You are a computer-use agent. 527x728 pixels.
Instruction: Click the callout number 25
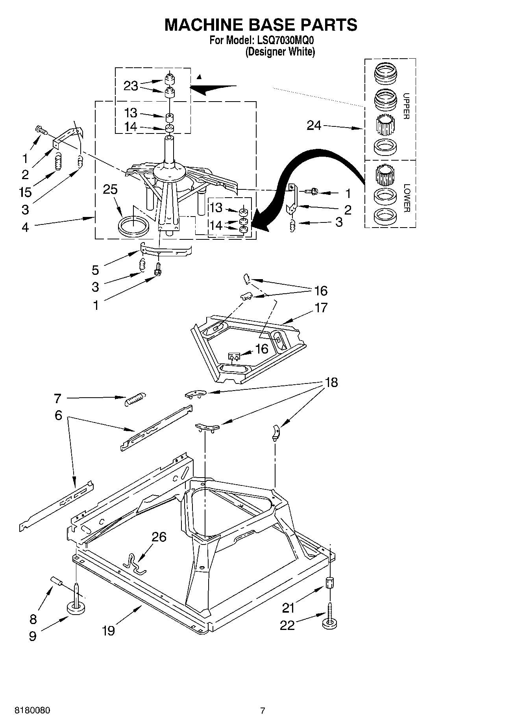pos(110,189)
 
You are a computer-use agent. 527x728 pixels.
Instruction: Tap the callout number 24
pos(314,126)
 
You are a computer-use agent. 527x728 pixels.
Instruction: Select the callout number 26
pos(159,537)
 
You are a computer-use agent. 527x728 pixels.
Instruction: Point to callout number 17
pos(321,308)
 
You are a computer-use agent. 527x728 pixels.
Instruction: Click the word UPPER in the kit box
pos(406,106)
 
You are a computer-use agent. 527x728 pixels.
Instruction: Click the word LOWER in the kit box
pos(407,198)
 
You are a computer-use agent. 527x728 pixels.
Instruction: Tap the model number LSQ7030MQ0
pos(285,41)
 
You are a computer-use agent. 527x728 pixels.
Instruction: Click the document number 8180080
pos(32,711)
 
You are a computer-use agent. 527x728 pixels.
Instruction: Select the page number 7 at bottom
pos(263,711)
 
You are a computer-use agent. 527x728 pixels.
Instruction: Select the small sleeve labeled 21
pos(330,583)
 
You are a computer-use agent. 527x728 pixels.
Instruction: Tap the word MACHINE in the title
pos(203,25)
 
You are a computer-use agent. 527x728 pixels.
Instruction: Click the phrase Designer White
pos(280,52)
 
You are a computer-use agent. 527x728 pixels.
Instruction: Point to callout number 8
pos(33,619)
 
